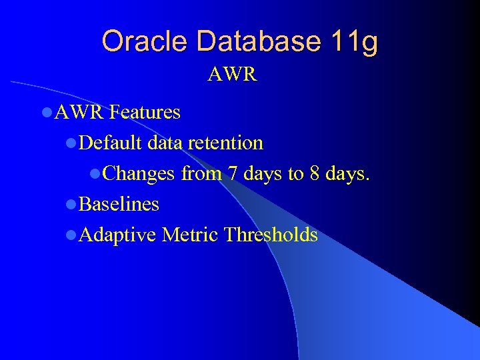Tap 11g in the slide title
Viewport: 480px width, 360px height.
[353, 41]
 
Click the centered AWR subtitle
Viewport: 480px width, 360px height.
[232, 74]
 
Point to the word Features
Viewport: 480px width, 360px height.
[145, 113]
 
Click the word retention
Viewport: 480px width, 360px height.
[225, 143]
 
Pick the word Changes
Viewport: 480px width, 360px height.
[139, 173]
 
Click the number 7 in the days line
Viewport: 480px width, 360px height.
[232, 173]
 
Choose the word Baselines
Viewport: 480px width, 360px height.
[119, 204]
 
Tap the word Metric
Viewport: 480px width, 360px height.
[189, 235]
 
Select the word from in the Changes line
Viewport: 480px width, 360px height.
[201, 173]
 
